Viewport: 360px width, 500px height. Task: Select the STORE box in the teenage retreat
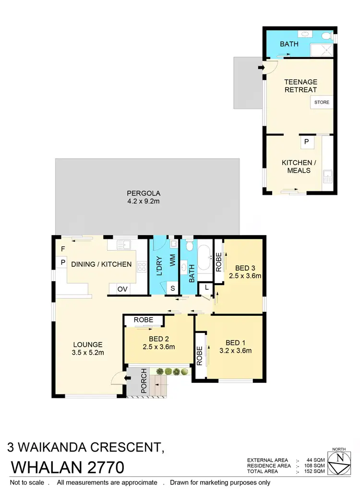coord(322,102)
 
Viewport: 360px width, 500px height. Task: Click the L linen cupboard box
coord(206,287)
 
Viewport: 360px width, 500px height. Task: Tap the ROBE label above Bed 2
coord(143,319)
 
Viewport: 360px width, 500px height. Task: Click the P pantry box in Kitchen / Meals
coord(305,142)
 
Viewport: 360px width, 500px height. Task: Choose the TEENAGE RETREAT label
coord(300,86)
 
